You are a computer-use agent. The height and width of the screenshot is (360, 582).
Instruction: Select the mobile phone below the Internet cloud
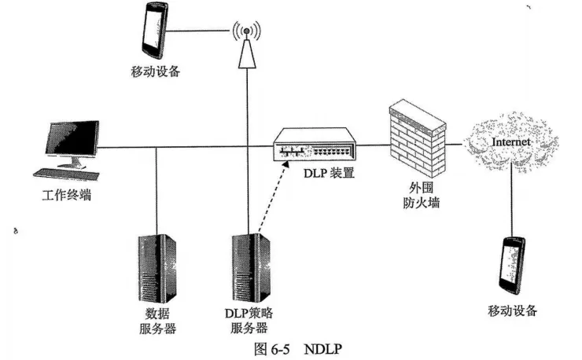[512, 263]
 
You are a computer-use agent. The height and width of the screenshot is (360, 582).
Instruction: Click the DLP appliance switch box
[314, 145]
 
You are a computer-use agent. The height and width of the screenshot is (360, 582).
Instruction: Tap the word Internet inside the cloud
[511, 141]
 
